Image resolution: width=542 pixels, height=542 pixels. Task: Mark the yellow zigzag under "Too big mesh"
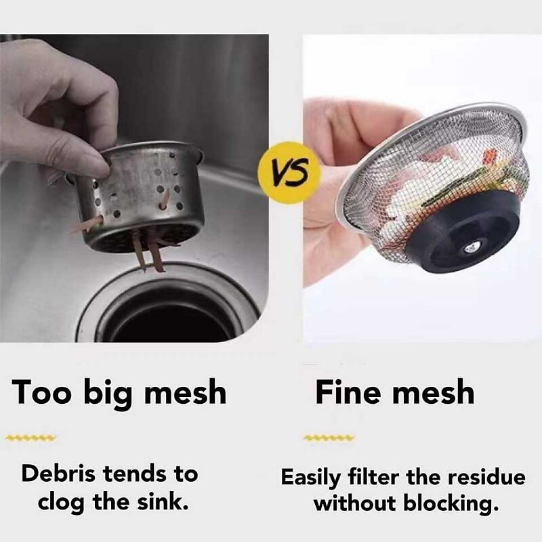tap(30, 438)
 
